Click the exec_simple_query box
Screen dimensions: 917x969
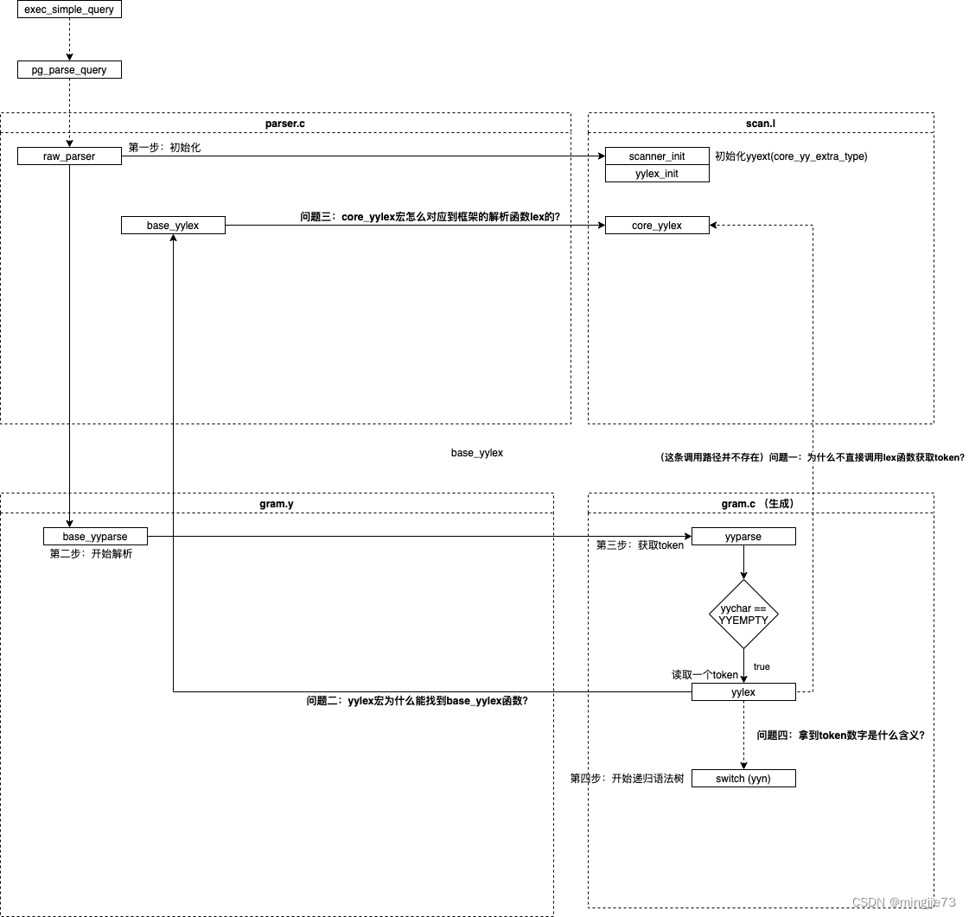[69, 10]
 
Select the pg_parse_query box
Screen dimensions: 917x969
[69, 70]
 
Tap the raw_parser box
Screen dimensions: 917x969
[69, 156]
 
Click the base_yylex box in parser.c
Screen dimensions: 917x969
[173, 226]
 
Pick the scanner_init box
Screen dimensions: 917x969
[657, 156]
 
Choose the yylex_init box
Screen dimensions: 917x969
[657, 174]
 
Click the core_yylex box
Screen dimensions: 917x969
[657, 226]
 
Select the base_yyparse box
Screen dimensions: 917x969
[95, 537]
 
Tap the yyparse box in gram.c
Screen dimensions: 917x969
[743, 537]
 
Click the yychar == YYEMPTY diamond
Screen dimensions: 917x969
[743, 615]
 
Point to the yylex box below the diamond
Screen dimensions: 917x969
[743, 692]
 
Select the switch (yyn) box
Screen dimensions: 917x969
[743, 779]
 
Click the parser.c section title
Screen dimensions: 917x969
[284, 124]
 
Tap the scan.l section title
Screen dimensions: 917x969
[761, 124]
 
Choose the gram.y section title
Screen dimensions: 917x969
[277, 503]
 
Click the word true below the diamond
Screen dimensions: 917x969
[762, 666]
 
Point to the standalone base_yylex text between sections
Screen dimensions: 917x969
[477, 453]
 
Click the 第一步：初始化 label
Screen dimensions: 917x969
[164, 148]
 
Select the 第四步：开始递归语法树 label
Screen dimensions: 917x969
[627, 779]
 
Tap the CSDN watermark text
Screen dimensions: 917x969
[904, 901]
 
